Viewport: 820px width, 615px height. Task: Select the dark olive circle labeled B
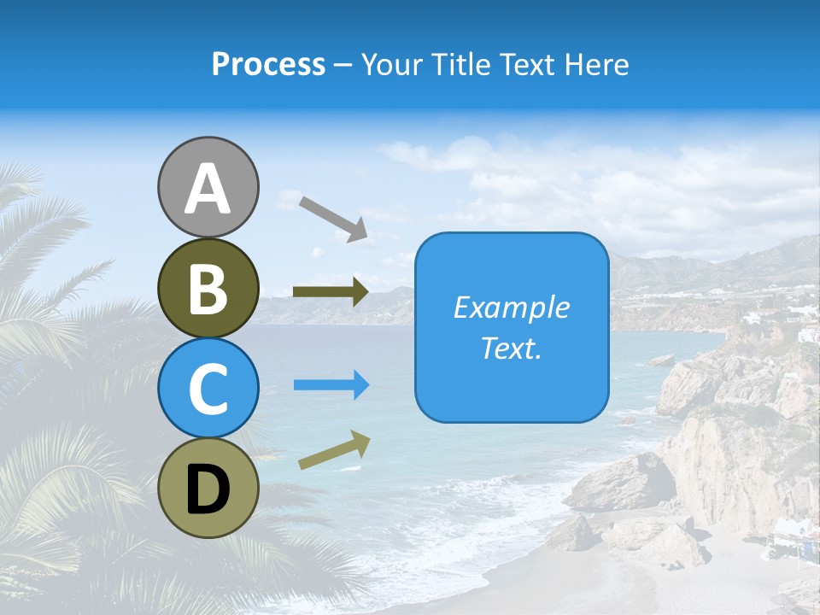click(x=208, y=288)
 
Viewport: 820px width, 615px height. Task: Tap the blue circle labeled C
click(x=208, y=388)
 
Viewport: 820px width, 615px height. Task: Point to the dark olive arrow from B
click(x=331, y=292)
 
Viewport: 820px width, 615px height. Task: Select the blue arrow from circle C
click(x=331, y=385)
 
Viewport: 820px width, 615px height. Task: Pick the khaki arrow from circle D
click(x=334, y=449)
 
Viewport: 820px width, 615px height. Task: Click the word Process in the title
click(x=268, y=64)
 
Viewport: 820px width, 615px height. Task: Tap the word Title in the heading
click(x=458, y=64)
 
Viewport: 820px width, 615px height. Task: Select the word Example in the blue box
click(x=512, y=307)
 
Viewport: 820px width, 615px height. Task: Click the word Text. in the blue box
click(x=512, y=348)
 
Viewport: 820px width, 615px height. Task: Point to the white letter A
click(x=208, y=189)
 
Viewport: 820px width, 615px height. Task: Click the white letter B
click(x=208, y=288)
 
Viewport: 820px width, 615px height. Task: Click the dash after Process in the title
click(x=343, y=66)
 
